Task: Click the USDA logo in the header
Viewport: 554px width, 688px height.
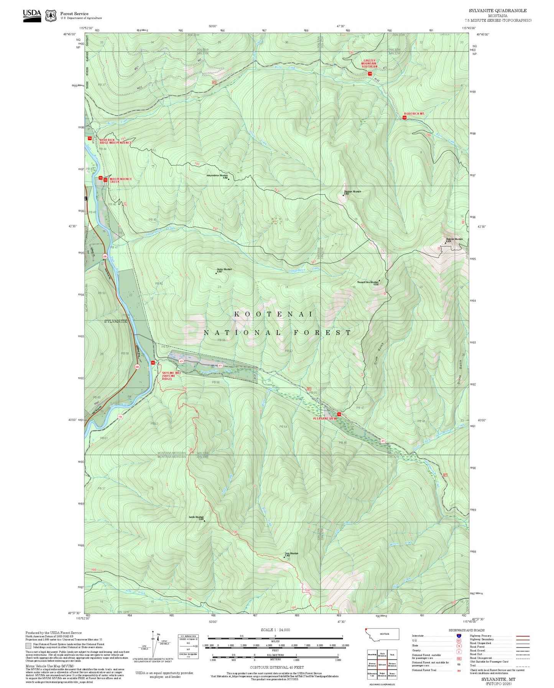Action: pyautogui.click(x=32, y=15)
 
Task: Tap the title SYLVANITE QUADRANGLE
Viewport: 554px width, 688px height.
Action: pyautogui.click(x=497, y=11)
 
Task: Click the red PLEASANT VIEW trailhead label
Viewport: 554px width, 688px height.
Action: pyautogui.click(x=324, y=418)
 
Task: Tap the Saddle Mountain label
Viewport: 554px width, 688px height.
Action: pyautogui.click(x=196, y=517)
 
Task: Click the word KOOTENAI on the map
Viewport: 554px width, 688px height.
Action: pyautogui.click(x=274, y=314)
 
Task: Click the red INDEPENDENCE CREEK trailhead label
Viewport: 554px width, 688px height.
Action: pyautogui.click(x=120, y=180)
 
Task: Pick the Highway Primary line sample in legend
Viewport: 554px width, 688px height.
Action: pyautogui.click(x=523, y=636)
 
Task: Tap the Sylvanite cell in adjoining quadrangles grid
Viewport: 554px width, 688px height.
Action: pyautogui.click(x=382, y=665)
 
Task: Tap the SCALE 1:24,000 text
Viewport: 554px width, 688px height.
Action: pyautogui.click(x=275, y=630)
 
